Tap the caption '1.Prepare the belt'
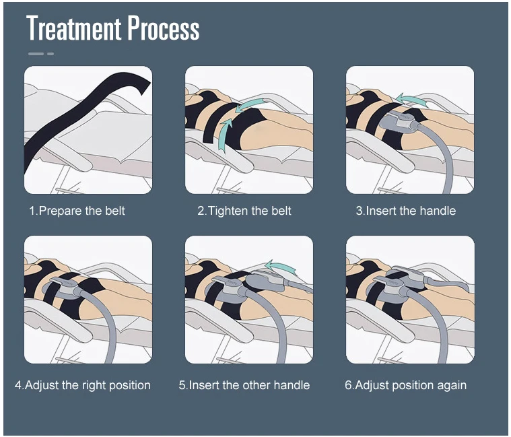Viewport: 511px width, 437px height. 77,211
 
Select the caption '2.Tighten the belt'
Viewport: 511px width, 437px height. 244,211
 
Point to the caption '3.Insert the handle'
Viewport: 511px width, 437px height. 405,211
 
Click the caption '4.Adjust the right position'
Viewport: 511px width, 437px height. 83,385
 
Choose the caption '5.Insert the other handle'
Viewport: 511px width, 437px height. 244,385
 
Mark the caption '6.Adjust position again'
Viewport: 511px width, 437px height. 405,385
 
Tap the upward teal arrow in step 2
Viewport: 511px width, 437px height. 225,128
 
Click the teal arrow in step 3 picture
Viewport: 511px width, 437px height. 411,99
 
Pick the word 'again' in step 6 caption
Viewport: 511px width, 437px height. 452,385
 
